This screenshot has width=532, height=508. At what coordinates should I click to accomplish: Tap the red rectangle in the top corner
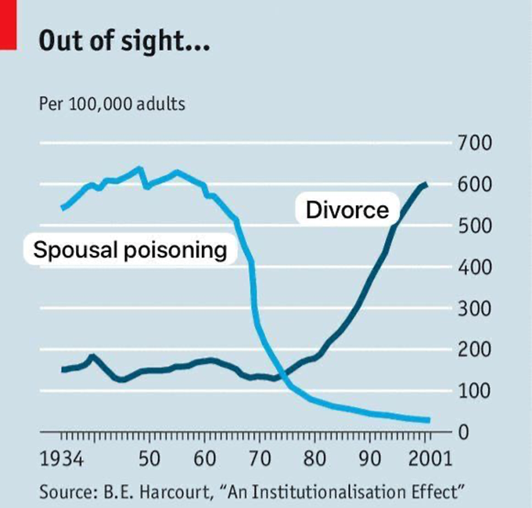pos(8,23)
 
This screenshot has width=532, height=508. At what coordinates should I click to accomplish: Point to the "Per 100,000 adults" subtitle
pos(112,103)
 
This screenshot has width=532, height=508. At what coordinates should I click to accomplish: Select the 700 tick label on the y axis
pos(476,143)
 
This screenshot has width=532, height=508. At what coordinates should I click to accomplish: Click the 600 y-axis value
pos(476,185)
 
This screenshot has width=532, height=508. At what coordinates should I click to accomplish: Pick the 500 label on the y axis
pos(476,226)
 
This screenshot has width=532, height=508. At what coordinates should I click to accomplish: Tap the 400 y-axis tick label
pos(476,268)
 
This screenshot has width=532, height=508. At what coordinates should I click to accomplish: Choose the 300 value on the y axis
pos(476,308)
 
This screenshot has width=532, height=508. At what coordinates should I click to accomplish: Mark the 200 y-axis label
pos(476,350)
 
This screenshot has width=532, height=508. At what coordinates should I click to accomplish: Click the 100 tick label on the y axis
pos(476,391)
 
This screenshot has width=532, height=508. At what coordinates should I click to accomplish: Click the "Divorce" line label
pos(347,210)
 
